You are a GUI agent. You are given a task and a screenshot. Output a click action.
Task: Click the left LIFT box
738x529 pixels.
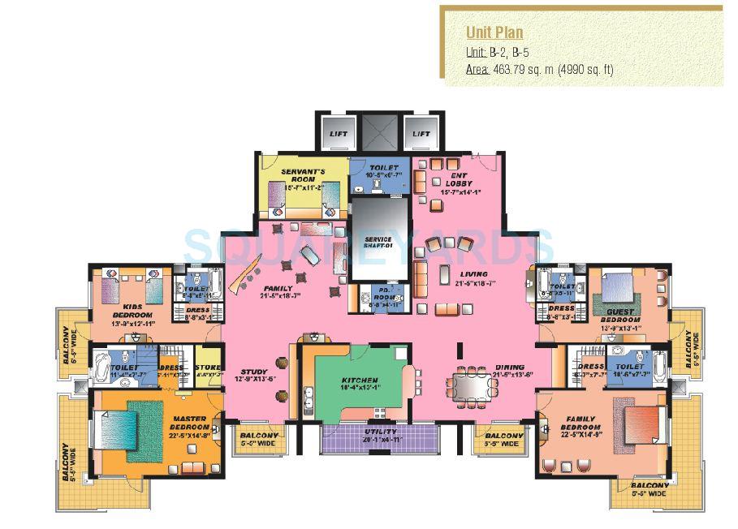click(x=336, y=133)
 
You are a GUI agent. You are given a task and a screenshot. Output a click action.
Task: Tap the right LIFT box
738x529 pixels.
click(x=421, y=133)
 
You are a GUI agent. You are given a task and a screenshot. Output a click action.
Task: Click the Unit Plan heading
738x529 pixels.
click(x=494, y=32)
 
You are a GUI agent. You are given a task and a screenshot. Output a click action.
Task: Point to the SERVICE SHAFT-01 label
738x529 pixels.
click(x=378, y=243)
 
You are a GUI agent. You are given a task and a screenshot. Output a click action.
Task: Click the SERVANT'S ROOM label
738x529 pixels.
click(x=303, y=178)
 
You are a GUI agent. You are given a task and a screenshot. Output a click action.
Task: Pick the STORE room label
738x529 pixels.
click(x=209, y=370)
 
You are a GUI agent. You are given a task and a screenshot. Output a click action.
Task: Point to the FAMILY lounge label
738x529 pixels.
click(x=277, y=291)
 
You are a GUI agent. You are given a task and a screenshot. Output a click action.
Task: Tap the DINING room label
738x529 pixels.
click(x=508, y=370)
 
